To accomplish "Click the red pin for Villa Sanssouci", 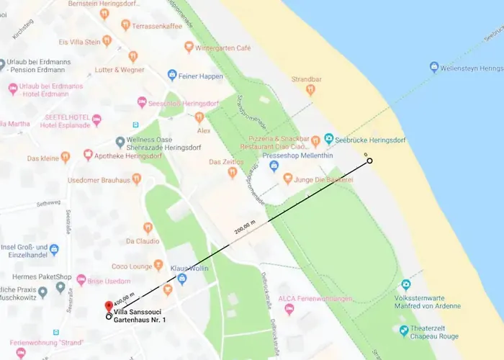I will [109, 306].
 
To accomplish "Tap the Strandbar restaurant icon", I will [310, 90].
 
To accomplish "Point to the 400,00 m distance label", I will [124, 297].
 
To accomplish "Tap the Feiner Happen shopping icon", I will [172, 74].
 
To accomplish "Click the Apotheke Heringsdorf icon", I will [88, 154].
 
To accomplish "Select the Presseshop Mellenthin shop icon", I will [273, 166].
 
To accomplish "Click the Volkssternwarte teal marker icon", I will [406, 284].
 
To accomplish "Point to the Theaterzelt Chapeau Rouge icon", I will [404, 330].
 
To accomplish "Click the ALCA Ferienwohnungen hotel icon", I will [289, 309].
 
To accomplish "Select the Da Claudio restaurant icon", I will [148, 228].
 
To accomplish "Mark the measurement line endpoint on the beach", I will [369, 161].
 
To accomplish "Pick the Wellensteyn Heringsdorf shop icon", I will [434, 67].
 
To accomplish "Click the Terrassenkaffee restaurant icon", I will [125, 24].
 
